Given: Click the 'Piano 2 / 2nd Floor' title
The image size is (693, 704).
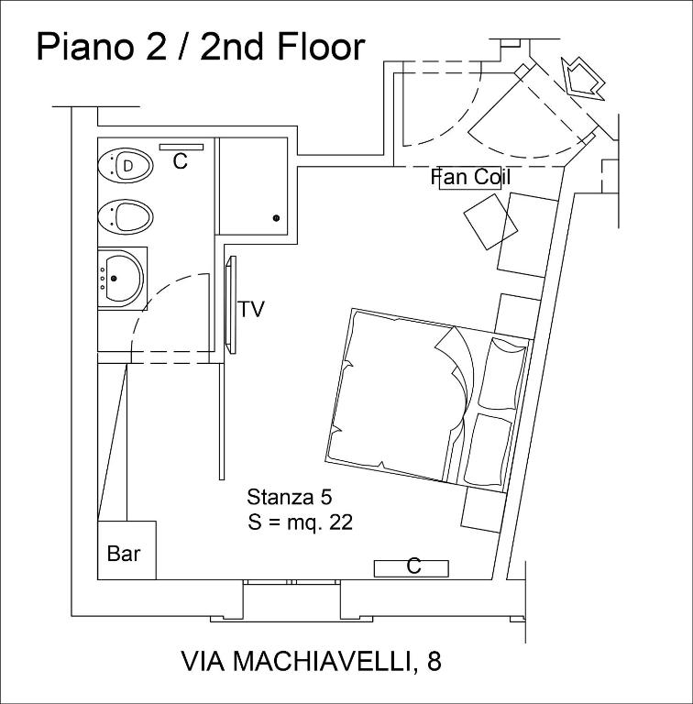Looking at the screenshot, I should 200,47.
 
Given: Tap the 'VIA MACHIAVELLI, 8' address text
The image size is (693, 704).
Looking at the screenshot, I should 312,661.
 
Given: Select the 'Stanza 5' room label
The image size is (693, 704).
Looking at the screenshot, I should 289,497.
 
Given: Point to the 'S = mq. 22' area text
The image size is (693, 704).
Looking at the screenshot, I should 300,522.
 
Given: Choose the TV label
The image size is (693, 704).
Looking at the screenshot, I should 251,310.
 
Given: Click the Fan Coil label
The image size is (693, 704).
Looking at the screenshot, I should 470,177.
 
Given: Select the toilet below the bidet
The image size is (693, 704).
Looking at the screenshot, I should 126,217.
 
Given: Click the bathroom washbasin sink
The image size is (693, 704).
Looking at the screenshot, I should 122,274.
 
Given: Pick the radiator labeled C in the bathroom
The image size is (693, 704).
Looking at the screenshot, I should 181,147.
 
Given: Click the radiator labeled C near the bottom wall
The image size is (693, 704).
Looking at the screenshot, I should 411,567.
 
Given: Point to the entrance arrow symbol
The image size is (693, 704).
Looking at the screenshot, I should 583,77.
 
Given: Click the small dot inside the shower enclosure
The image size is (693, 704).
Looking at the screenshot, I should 276,218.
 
